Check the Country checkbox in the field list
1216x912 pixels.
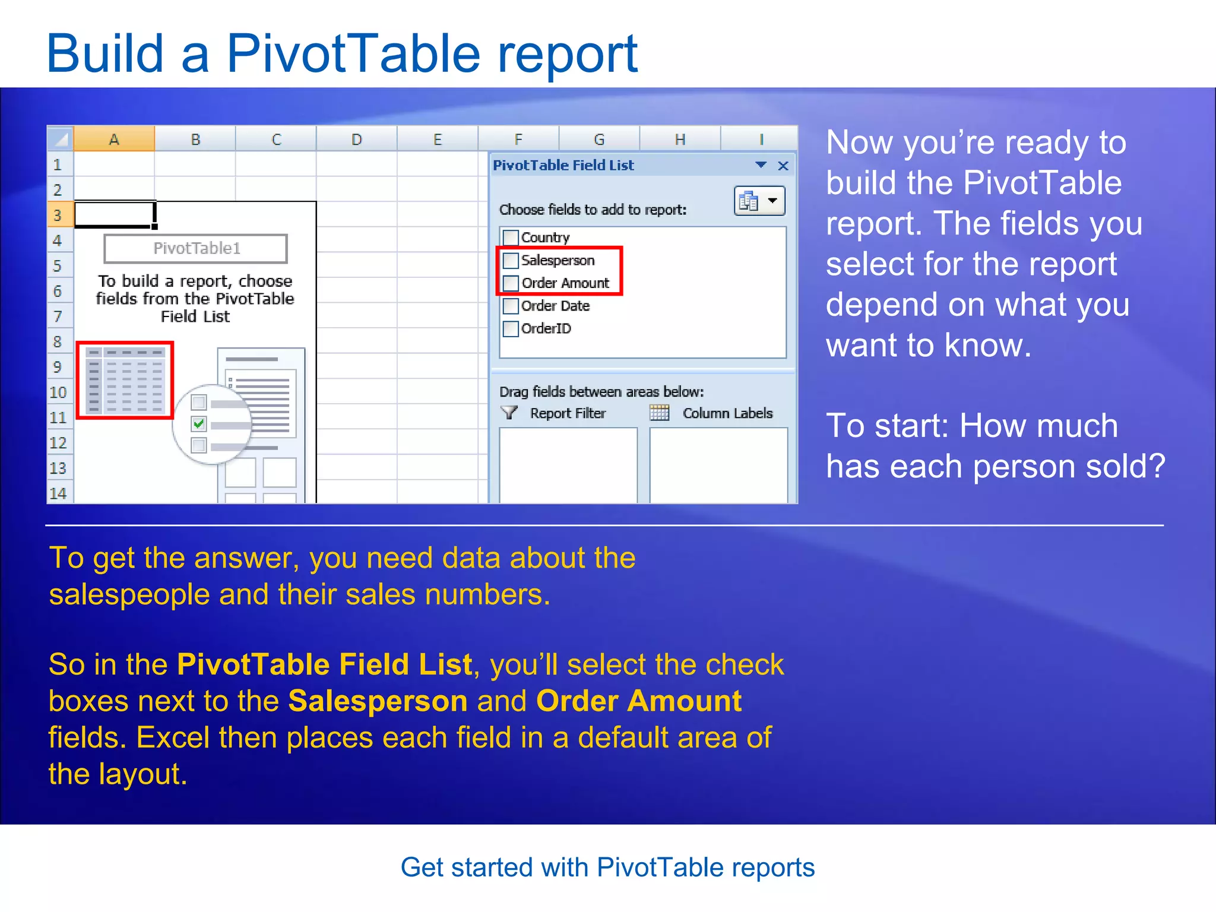(x=511, y=237)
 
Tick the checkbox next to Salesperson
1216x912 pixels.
(x=511, y=260)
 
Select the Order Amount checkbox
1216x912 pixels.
(x=511, y=283)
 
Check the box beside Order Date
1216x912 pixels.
(x=511, y=306)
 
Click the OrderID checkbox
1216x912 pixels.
(x=511, y=328)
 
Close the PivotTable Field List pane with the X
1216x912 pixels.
(x=783, y=166)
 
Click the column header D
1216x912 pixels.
(x=356, y=140)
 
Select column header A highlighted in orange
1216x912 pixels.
(x=114, y=140)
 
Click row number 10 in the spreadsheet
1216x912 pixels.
(x=58, y=392)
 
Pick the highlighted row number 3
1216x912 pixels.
(x=58, y=215)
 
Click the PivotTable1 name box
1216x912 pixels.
(x=196, y=248)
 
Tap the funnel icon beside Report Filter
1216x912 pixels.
(x=509, y=413)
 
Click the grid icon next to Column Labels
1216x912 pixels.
(x=659, y=413)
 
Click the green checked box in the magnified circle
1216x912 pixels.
(x=199, y=423)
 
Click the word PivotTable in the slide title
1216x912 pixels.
(x=353, y=55)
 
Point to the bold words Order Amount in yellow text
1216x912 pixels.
(x=639, y=701)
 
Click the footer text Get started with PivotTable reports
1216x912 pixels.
(x=607, y=867)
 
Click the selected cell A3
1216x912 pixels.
(x=114, y=214)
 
